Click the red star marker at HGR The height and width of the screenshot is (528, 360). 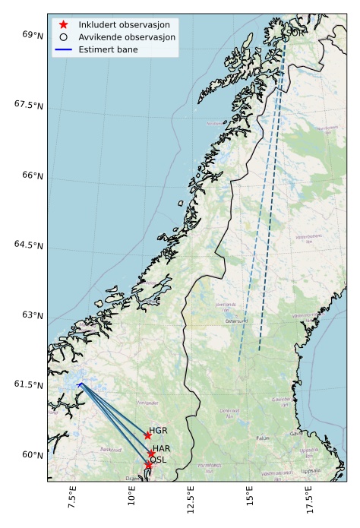pos(147,435)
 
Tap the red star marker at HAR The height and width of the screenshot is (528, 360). pos(152,454)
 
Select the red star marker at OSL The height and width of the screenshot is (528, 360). pos(149,465)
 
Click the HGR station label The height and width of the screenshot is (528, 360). pos(158,431)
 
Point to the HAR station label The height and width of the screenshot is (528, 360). pos(162,449)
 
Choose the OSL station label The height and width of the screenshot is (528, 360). pos(158,460)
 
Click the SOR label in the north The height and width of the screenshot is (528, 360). pos(294,32)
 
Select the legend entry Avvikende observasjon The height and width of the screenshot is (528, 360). pos(127,36)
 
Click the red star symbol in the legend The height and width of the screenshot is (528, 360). pos(64,25)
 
